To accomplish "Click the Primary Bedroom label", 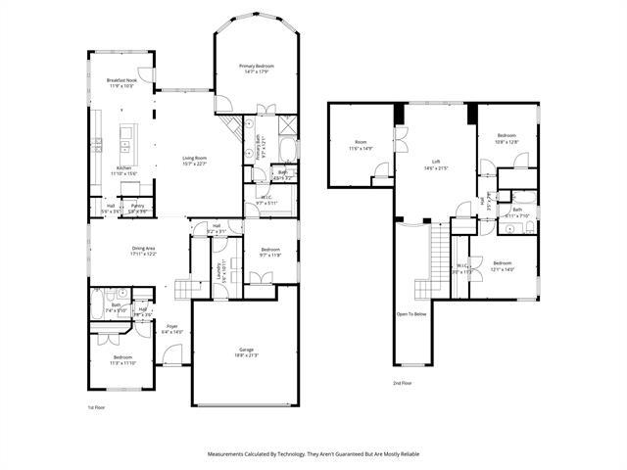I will [256, 66].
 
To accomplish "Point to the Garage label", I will [247, 350].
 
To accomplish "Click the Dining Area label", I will [144, 249].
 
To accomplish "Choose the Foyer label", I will [171, 326].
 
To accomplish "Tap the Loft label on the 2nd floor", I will [436, 163].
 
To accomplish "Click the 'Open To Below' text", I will [410, 314].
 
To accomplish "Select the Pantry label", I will [138, 206].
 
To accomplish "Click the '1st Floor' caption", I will [96, 405].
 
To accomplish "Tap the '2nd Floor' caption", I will [403, 383].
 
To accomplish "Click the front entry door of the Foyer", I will [172, 354].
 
